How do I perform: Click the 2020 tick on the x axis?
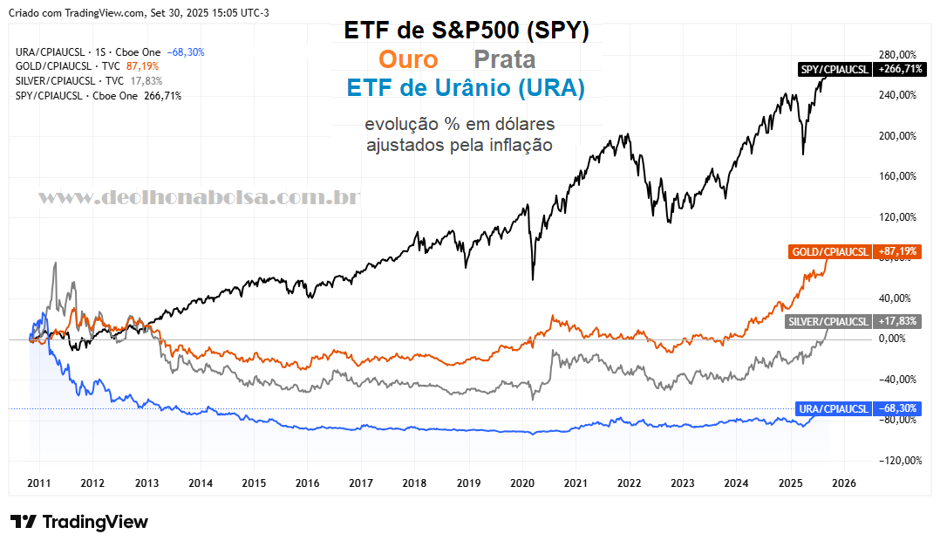[x=522, y=483]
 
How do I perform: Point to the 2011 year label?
[x=38, y=483]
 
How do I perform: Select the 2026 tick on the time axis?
[x=844, y=483]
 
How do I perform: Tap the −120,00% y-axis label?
[x=898, y=461]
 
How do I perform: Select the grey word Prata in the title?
[x=504, y=60]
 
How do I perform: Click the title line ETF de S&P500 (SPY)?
[x=467, y=31]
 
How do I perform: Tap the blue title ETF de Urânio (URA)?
[x=466, y=88]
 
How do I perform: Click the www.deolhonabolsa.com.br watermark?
[x=199, y=198]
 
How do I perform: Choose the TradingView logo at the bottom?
[x=79, y=522]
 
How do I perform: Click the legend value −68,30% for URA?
[x=185, y=52]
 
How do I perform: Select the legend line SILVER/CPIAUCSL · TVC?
[x=69, y=81]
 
